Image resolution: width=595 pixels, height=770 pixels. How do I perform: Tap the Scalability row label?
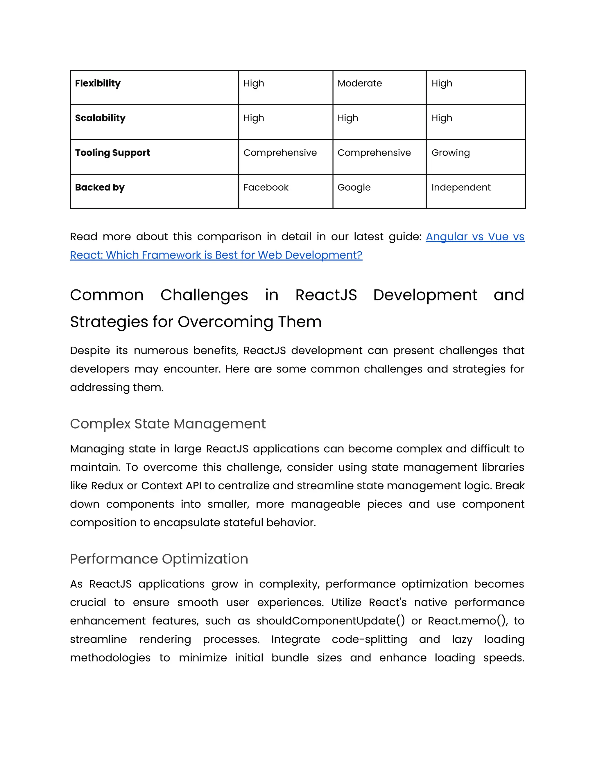click(100, 118)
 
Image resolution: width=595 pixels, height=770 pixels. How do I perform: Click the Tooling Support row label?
click(112, 153)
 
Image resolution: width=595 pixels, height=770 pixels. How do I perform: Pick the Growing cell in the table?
click(451, 153)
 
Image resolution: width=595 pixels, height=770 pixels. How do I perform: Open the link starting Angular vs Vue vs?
click(475, 237)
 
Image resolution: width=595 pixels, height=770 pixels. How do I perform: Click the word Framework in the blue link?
click(166, 255)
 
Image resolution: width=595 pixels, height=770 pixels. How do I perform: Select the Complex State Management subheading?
click(168, 423)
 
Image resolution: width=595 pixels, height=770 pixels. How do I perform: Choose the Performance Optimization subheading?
click(159, 559)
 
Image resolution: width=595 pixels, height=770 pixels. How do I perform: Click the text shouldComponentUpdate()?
click(330, 621)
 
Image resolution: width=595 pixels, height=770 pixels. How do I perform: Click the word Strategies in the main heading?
click(109, 322)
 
